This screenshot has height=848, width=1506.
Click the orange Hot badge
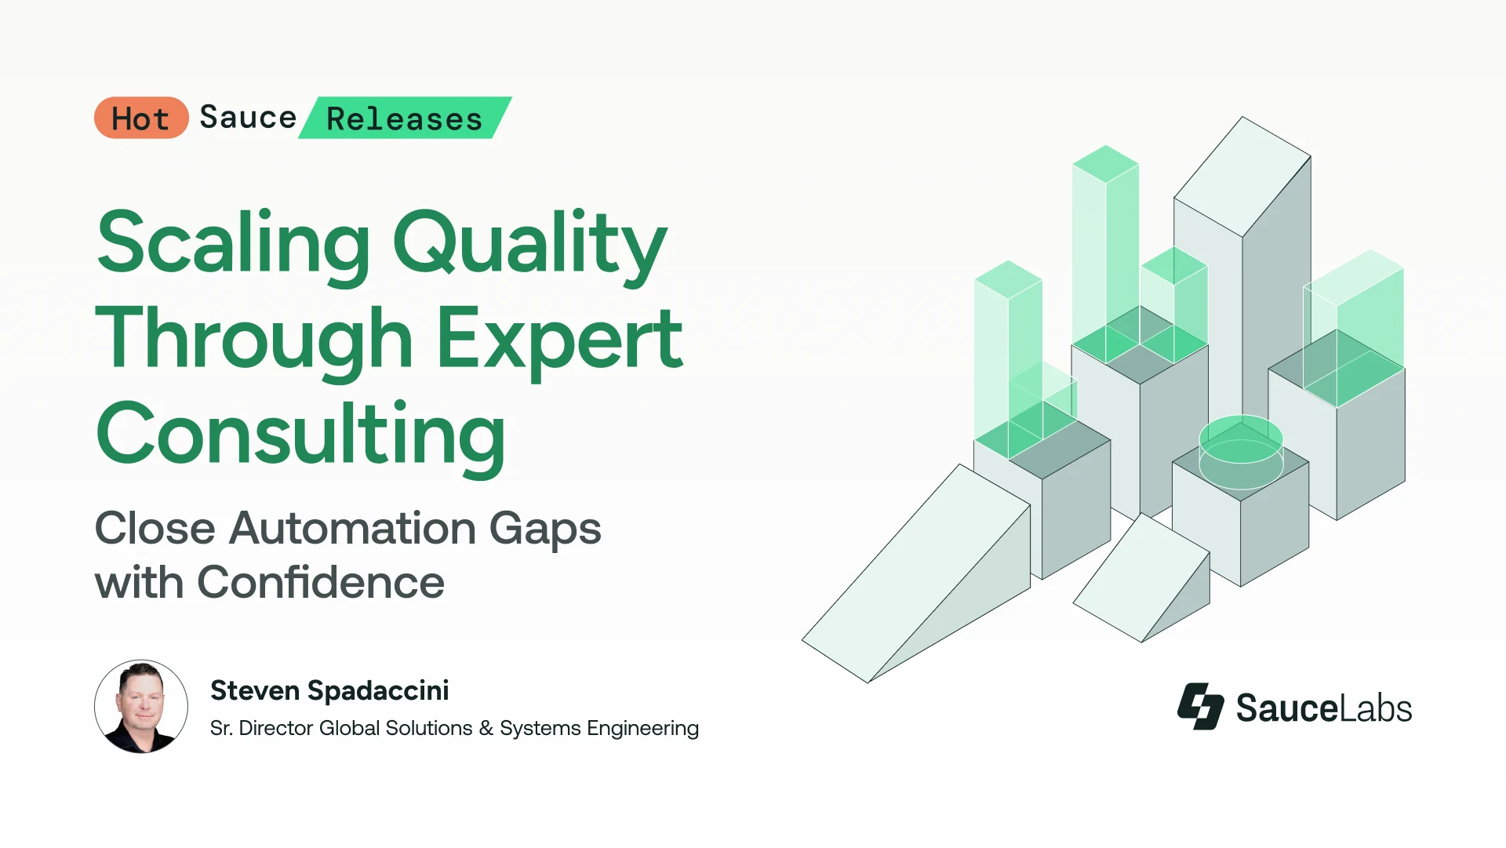coord(141,118)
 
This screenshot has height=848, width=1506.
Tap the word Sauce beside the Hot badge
coord(248,118)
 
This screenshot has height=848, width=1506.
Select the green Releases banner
coord(405,118)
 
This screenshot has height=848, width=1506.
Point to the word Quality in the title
coord(530,243)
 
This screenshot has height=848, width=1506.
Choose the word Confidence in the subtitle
coord(321,582)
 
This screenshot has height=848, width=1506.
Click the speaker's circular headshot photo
coord(141,706)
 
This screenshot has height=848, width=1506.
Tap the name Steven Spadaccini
coord(329,690)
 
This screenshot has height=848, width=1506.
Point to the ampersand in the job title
coord(486,729)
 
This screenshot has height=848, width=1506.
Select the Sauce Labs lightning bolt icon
coord(1200,706)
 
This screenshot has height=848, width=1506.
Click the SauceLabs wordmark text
coord(1324,708)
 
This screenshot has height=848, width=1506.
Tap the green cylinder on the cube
coord(1241,451)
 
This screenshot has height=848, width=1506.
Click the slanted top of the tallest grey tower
coord(1242,177)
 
